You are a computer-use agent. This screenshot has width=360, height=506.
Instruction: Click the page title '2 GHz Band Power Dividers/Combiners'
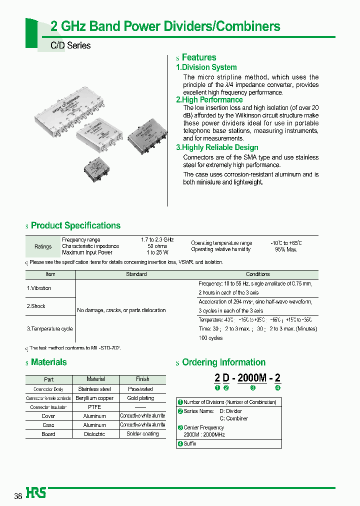point(165,26)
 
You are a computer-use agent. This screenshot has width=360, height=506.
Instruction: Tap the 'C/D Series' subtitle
point(70,45)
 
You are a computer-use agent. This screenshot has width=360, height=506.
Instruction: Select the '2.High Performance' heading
point(209,100)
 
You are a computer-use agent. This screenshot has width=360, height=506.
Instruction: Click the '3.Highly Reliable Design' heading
point(217,147)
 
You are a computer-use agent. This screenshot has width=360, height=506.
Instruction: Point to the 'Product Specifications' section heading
point(75,225)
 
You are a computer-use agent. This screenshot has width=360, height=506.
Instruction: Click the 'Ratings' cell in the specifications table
point(43,246)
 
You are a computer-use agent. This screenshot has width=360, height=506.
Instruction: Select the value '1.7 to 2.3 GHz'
point(157,240)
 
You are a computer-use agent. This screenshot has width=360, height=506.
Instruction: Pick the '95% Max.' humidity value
point(286,249)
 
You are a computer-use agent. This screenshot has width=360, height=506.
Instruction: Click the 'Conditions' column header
point(257,274)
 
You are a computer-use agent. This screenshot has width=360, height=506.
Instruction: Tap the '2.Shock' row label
point(36,306)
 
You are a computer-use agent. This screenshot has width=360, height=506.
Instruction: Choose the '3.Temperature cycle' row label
point(49,328)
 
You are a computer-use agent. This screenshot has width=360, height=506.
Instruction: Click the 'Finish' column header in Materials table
point(142,379)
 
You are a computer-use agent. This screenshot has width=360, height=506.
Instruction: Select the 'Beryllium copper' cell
point(94,398)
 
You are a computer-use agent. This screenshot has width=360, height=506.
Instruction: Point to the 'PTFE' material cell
point(94,407)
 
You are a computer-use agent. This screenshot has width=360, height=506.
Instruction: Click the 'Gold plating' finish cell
point(140,398)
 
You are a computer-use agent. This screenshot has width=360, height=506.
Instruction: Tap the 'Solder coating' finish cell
point(142,434)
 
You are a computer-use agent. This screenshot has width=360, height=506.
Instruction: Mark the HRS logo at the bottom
point(36,493)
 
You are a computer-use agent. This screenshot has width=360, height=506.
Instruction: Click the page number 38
point(18,496)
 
